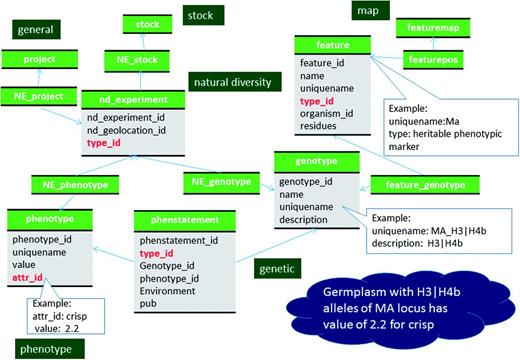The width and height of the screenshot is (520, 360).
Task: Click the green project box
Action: (x=37, y=58)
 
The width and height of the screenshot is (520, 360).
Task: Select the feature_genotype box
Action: (x=412, y=184)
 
